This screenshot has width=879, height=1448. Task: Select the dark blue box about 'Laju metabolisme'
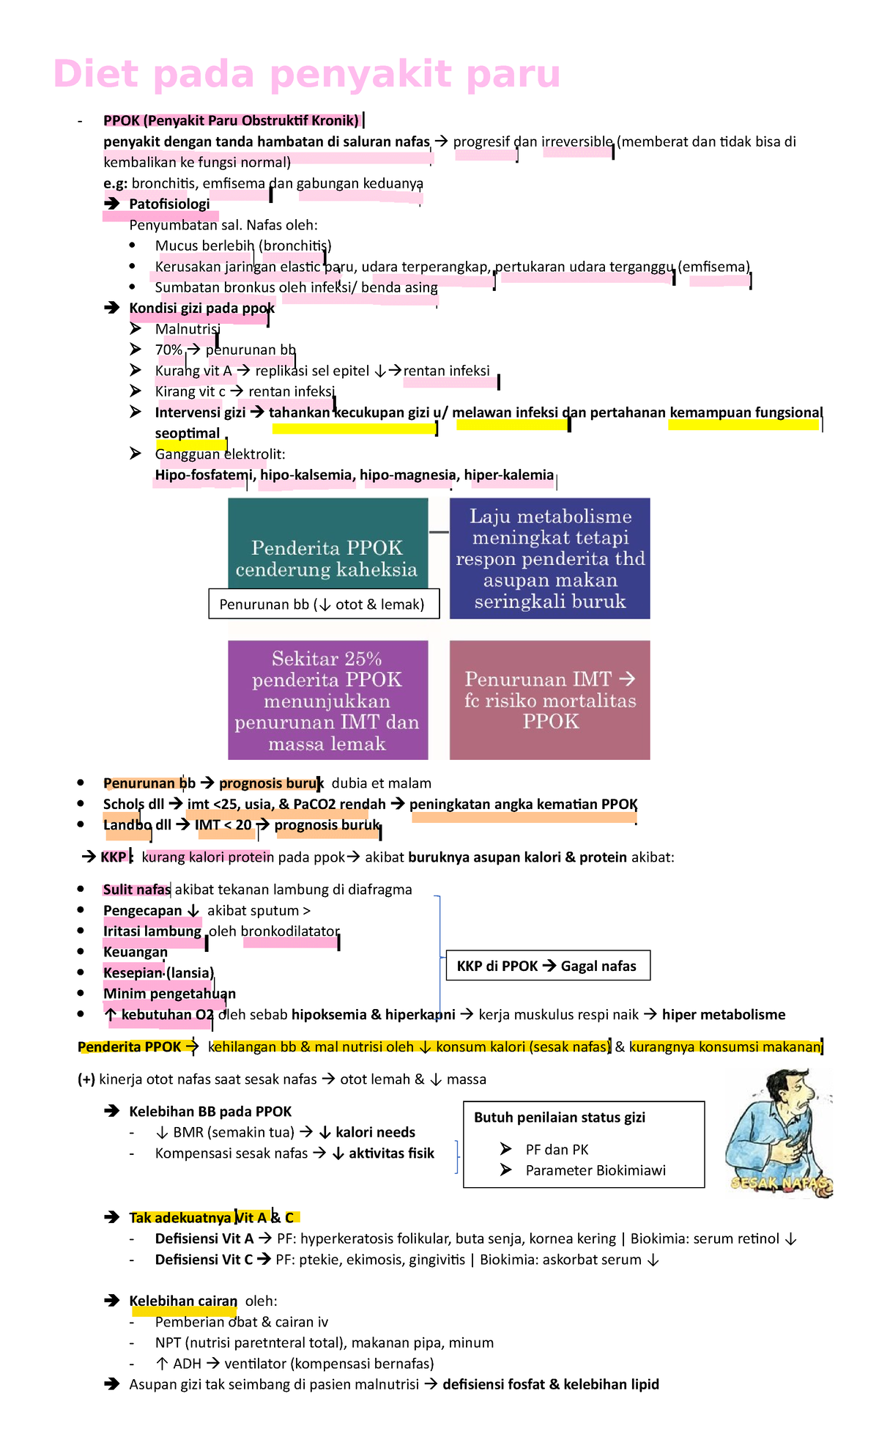tap(549, 558)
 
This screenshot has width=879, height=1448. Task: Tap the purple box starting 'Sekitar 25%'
tap(327, 700)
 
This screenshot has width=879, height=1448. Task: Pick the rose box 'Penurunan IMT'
tap(549, 700)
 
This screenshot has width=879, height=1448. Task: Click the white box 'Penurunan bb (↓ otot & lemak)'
tap(323, 605)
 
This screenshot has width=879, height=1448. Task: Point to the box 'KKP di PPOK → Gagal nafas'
tap(547, 966)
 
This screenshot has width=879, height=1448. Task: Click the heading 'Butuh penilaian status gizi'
tap(560, 1118)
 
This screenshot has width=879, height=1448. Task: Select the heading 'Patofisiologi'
tap(169, 204)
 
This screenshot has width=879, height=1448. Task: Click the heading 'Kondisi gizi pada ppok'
tap(201, 308)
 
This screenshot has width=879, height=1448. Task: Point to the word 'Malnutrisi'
tap(188, 329)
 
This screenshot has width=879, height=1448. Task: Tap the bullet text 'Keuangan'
tap(136, 952)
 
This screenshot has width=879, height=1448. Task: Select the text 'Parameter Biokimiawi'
tap(596, 1170)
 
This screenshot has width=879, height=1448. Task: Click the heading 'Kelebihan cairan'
tap(183, 1301)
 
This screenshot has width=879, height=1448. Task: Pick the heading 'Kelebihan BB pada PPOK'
tap(210, 1112)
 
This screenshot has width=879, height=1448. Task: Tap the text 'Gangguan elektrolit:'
tap(220, 454)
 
